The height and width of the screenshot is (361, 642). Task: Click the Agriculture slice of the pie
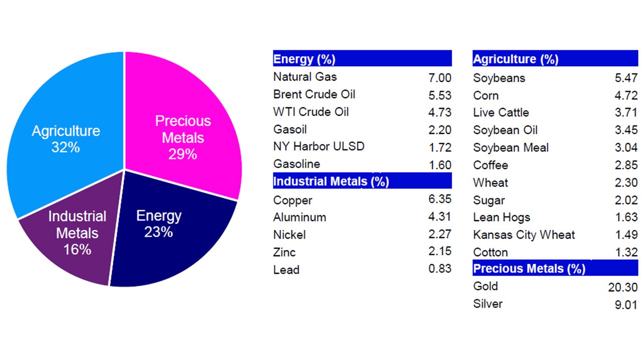point(65,135)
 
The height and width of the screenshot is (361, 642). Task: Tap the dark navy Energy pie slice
point(166,231)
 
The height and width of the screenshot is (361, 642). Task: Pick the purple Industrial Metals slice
point(75,236)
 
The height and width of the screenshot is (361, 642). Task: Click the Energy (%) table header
point(362,59)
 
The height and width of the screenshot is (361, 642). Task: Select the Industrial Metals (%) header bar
point(362,181)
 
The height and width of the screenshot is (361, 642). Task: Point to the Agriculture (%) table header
point(555,59)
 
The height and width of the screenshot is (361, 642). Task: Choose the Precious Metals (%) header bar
point(555,268)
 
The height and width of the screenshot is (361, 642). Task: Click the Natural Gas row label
point(305,77)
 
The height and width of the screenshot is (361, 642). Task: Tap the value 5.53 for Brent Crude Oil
point(439,95)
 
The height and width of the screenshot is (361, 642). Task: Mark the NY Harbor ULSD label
point(318,146)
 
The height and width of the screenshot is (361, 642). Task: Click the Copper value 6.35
point(439,199)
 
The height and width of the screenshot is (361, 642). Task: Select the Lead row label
point(286,270)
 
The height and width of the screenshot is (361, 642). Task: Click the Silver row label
point(488,304)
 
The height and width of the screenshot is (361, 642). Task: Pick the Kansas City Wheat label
point(524,235)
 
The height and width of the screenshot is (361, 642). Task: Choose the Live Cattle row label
point(501,113)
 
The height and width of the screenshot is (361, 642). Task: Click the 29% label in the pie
point(183,154)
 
